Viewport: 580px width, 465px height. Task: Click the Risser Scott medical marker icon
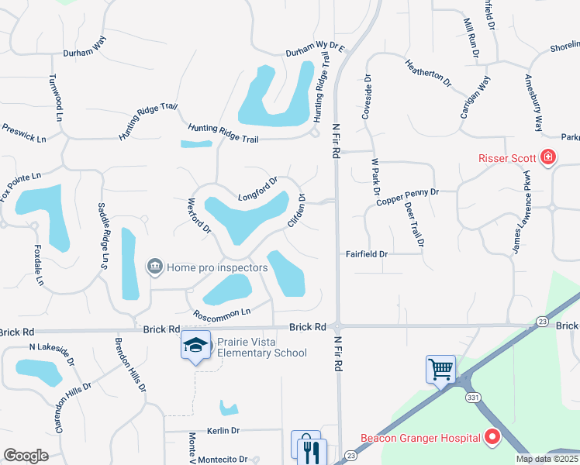[x=548, y=158]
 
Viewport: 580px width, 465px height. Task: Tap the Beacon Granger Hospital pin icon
[x=492, y=438]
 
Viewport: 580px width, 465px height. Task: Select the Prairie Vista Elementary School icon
[x=195, y=346]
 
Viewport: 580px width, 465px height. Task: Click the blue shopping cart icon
[x=440, y=369]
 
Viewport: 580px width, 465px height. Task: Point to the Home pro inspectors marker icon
[x=155, y=267]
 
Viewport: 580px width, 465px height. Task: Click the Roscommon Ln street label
[x=223, y=313]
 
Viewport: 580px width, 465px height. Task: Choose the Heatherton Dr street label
[x=428, y=71]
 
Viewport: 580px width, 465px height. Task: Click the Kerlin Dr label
[x=223, y=430]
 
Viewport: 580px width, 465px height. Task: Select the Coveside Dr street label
[x=366, y=97]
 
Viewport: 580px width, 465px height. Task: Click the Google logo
[x=26, y=455]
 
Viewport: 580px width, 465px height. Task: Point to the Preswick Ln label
[x=24, y=133]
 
